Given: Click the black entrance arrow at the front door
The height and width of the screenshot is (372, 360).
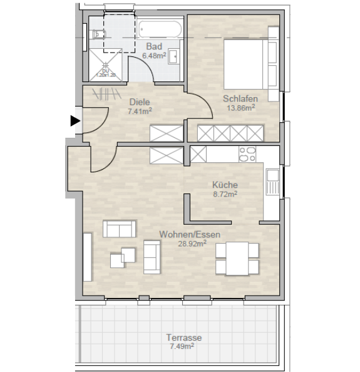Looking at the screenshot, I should point(75,121).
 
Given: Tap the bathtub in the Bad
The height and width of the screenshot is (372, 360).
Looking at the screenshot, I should point(160,29).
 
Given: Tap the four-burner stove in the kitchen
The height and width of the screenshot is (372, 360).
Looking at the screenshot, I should point(247,154).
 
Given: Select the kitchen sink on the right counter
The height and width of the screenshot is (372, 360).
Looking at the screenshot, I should point(272,182).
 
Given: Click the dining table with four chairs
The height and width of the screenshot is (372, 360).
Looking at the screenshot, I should point(237,258).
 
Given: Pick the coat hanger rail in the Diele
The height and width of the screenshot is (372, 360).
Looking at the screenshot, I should point(107,95).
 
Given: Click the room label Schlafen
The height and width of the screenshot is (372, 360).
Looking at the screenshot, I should point(240,98).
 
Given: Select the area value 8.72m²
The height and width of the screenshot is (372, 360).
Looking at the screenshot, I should point(224,195).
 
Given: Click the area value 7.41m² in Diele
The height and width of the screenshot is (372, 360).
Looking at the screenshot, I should point(140,111).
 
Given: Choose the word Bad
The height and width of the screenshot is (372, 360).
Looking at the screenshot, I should point(154,46).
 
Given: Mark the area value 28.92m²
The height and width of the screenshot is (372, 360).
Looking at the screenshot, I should point(192,244).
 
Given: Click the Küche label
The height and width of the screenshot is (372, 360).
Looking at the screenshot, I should point(225,185).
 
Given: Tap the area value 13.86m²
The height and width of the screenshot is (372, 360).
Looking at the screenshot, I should point(240,108).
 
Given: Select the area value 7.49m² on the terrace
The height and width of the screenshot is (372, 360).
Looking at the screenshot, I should point(181,346).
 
